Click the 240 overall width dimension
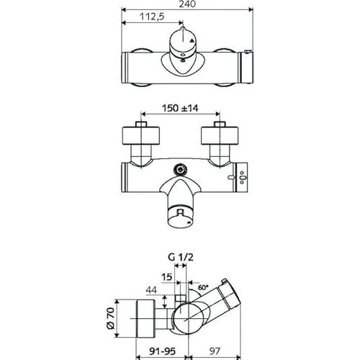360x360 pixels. [187, 4]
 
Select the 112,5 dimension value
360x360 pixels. [152, 17]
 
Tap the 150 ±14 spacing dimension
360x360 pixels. [180, 108]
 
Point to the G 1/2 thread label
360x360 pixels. [181, 257]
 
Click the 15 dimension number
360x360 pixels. [166, 276]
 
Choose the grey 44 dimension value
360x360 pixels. [151, 290]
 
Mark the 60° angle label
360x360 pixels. [203, 287]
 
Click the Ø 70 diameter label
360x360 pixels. [111, 318]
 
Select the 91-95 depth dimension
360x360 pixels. [162, 351]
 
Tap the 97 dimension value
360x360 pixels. [215, 351]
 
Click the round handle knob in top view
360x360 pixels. [182, 42]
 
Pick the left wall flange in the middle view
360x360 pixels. [141, 135]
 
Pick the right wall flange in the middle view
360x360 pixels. [220, 135]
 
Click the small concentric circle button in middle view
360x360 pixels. [180, 170]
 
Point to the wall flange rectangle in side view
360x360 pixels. [145, 318]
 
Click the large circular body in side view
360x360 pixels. [189, 318]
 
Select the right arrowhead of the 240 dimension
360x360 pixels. [251, 9]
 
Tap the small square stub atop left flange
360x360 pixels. [141, 124]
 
